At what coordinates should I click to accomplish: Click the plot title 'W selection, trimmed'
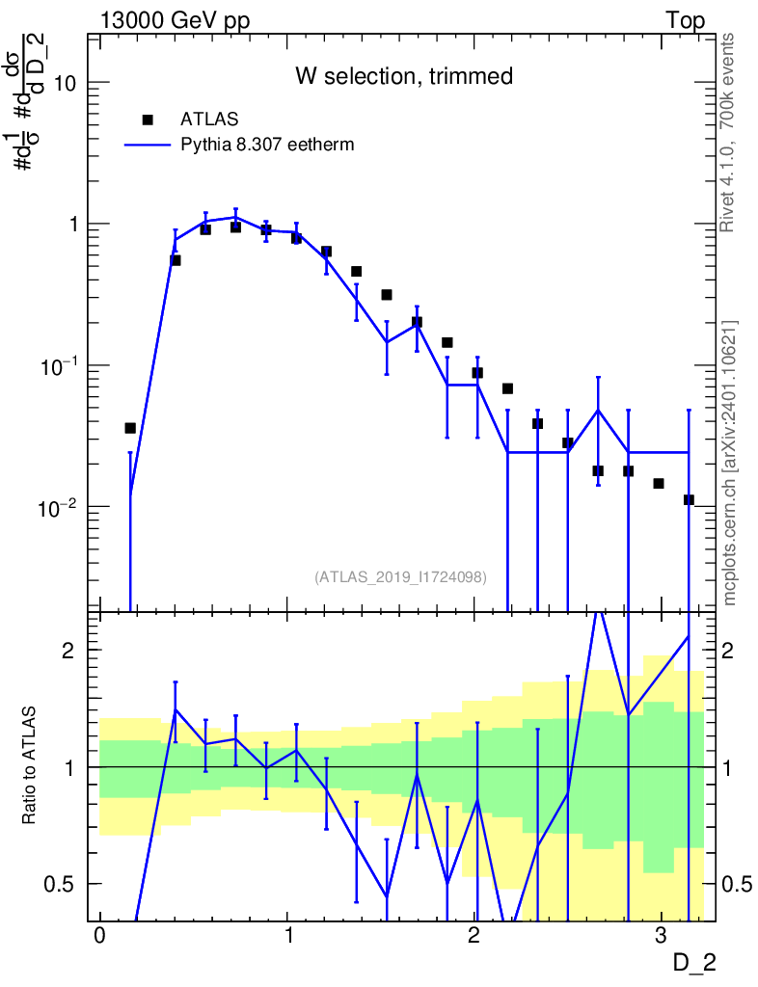click(x=404, y=76)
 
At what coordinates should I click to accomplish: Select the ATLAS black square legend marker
click(x=148, y=120)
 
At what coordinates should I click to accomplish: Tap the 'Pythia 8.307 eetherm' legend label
click(x=267, y=145)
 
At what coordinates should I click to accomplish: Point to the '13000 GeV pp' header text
click(x=175, y=20)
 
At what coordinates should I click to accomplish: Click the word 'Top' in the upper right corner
click(x=685, y=20)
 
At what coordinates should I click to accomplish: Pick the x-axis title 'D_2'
click(x=694, y=963)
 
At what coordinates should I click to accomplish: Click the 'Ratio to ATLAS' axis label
click(x=28, y=765)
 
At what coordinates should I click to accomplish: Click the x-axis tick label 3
click(x=661, y=935)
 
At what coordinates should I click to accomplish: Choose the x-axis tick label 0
click(x=99, y=935)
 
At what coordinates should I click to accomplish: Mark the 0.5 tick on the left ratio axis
click(x=59, y=884)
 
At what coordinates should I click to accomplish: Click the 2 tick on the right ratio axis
click(x=727, y=651)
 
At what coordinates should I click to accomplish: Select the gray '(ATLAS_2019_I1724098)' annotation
click(x=400, y=576)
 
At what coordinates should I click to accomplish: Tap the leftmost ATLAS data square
click(x=130, y=428)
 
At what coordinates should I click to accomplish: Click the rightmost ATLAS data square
click(x=689, y=500)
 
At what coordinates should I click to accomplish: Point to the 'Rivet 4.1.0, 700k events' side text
click(x=727, y=133)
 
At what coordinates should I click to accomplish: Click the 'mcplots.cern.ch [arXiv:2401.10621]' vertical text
click(x=729, y=463)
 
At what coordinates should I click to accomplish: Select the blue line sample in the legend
click(x=148, y=145)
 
